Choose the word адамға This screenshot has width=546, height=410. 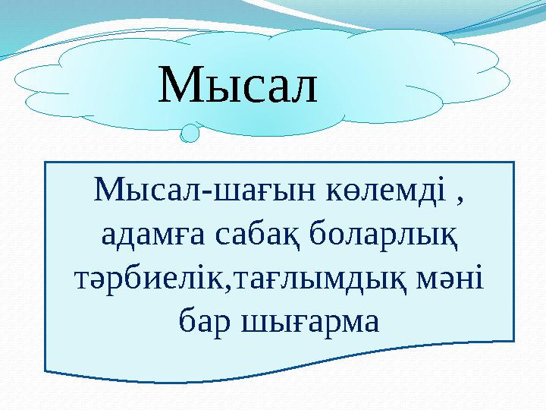[x=146, y=238]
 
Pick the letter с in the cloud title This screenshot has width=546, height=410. [x=249, y=90]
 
